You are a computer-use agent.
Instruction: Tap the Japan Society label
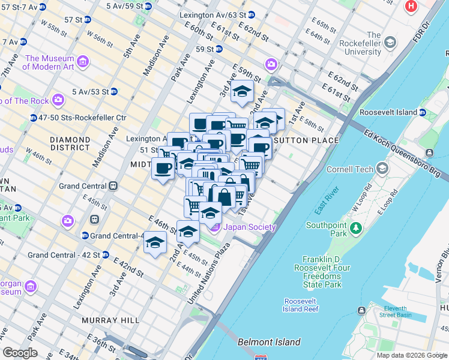[x=249, y=227]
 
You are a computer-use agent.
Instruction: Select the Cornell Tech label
[x=350, y=170]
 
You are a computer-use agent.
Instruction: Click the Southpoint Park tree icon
[x=356, y=228]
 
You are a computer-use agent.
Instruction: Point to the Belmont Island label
[x=268, y=342]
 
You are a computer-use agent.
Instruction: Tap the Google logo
[x=20, y=352]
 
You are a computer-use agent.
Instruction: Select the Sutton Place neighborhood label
[x=306, y=140]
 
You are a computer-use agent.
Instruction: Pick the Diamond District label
[x=70, y=144]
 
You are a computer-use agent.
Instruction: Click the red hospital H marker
[x=411, y=7]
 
